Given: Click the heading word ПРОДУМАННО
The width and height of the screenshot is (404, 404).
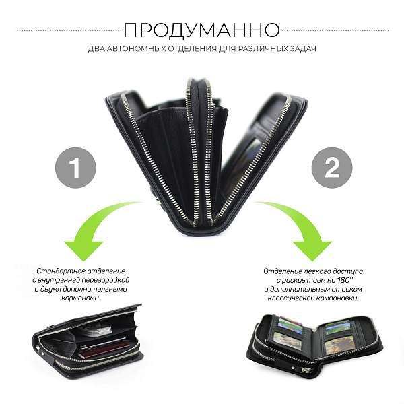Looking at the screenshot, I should [x=202, y=30].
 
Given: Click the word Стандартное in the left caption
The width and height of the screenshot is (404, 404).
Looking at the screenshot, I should [x=58, y=270].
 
